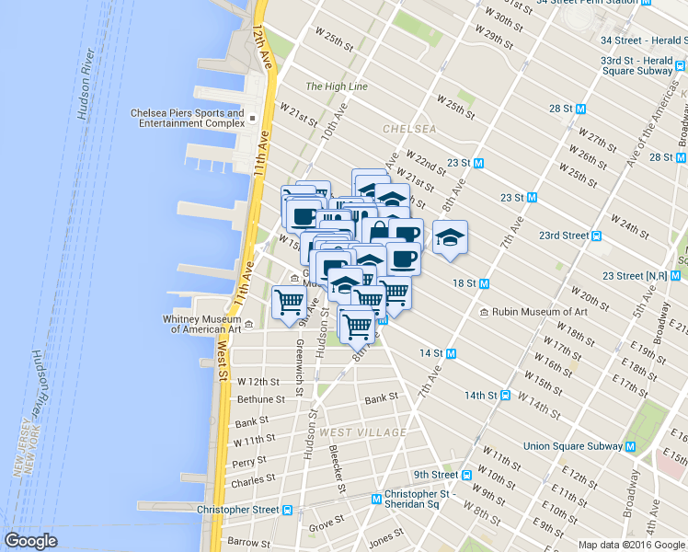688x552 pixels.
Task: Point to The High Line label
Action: tap(336, 86)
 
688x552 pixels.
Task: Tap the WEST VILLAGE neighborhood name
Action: tap(362, 432)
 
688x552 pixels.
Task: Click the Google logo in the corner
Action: tap(30, 541)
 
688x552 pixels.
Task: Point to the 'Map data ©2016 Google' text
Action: tap(631, 545)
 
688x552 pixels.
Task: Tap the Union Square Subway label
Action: tap(573, 446)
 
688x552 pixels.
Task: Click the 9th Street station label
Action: tap(435, 475)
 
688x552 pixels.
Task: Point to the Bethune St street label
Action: tap(261, 399)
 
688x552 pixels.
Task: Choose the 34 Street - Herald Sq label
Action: tap(643, 40)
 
